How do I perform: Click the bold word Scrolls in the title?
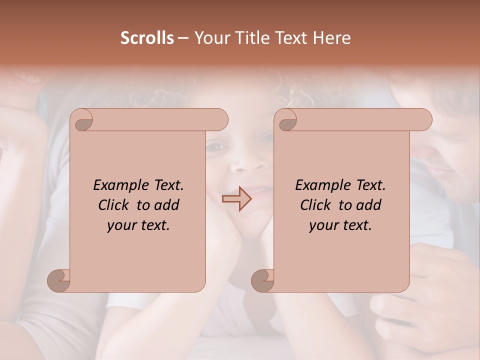click(x=147, y=38)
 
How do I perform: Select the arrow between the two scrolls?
click(x=237, y=199)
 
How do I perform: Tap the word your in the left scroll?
click(x=122, y=225)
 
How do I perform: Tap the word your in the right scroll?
click(x=324, y=225)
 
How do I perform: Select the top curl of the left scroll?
click(x=81, y=120)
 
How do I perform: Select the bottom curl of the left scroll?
click(x=58, y=280)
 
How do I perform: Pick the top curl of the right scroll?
click(x=285, y=120)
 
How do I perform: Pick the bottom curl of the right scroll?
click(x=262, y=280)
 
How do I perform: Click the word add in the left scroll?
click(x=167, y=205)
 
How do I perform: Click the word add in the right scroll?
click(x=369, y=205)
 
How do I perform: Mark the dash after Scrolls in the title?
click(x=183, y=38)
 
